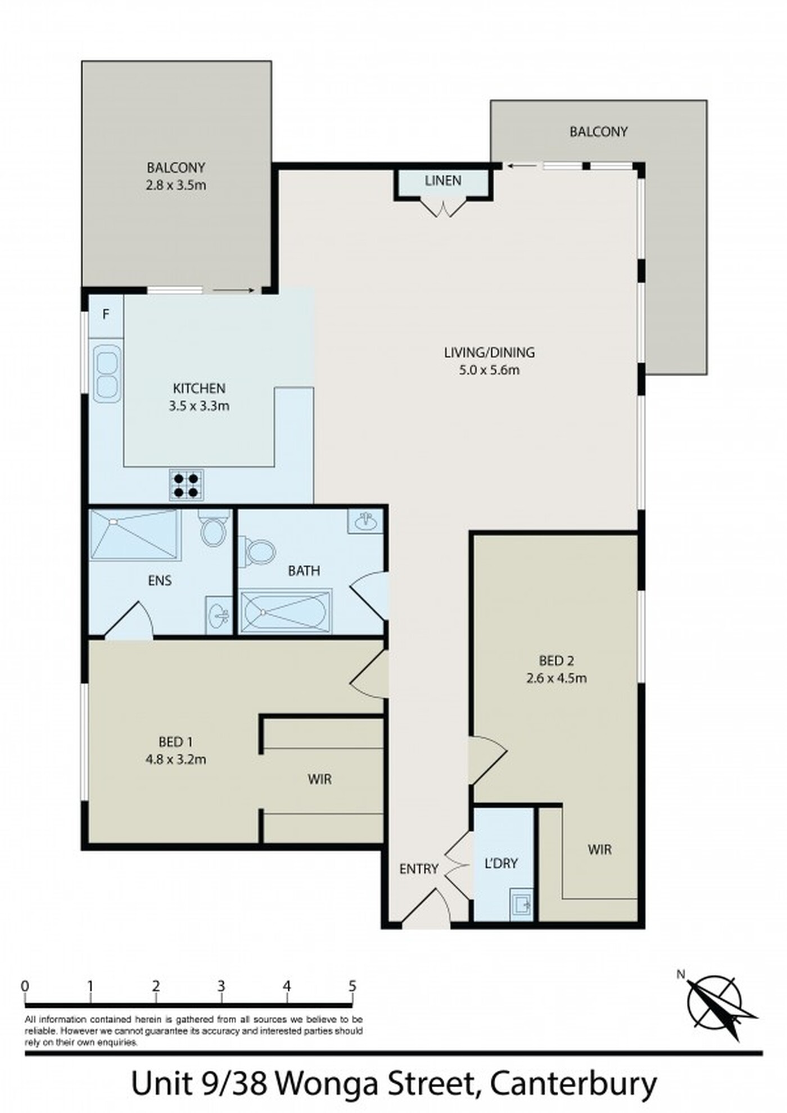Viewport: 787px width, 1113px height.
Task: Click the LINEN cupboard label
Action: coord(443,180)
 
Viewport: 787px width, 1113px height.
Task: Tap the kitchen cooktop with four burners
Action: coord(187,485)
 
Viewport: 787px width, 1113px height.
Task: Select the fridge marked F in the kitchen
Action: coord(106,315)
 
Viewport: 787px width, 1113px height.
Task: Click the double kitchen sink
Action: coord(107,374)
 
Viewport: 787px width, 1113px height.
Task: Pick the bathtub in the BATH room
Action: coord(286,610)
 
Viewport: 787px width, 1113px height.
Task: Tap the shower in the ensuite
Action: coord(135,534)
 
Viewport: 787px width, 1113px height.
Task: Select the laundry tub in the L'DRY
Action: coord(521,904)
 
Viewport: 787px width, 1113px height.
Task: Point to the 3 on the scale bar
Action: coord(221,986)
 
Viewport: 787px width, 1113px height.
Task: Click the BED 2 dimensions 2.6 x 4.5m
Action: coord(557,678)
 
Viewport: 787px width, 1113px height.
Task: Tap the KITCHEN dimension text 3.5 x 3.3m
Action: coord(199,406)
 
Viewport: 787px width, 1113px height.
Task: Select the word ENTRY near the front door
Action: coord(419,868)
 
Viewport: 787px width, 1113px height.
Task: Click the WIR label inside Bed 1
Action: coord(319,779)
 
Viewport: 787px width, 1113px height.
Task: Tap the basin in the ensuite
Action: coord(219,615)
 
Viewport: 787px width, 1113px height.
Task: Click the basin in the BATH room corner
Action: coord(366,521)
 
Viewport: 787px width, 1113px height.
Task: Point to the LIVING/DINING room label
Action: coord(490,352)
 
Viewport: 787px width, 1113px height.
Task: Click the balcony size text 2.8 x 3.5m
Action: coord(176,185)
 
